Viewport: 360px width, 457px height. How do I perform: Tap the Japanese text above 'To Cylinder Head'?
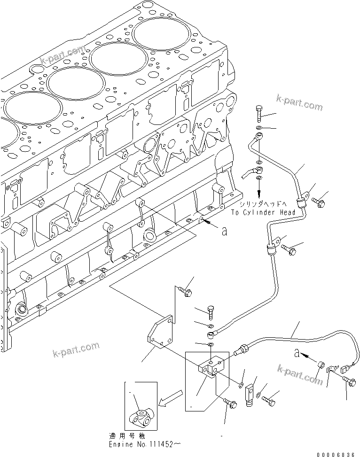point(264,205)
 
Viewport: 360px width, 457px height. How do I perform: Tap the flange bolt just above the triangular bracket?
point(185,292)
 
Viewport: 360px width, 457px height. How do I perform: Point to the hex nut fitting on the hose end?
point(243,349)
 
